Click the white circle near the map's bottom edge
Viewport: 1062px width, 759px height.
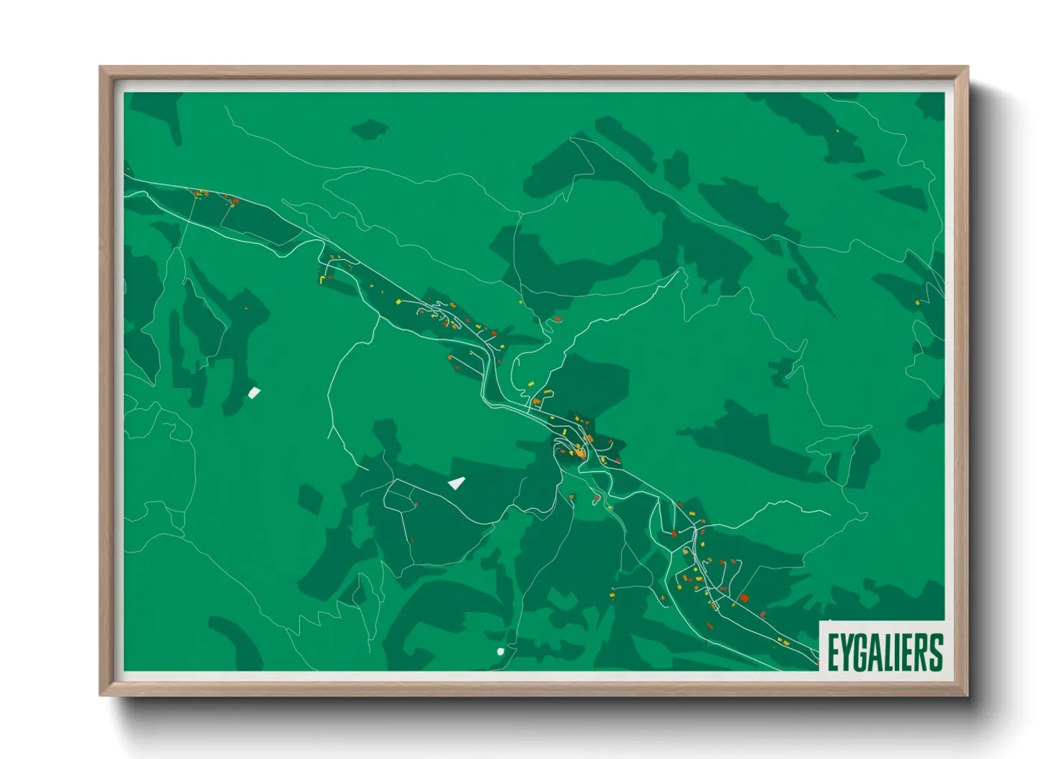[x=500, y=651]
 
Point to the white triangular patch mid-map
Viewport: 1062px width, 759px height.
[x=457, y=483]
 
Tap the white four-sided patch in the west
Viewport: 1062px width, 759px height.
[x=253, y=392]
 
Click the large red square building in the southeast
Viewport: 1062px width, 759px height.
[x=744, y=598]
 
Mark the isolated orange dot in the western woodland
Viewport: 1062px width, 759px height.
[x=246, y=308]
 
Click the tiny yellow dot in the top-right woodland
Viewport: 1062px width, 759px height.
[x=837, y=131]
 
